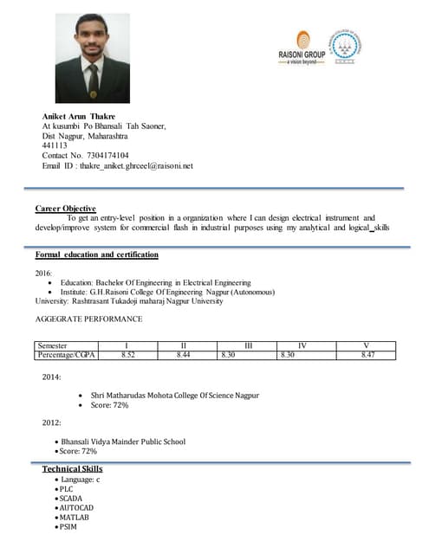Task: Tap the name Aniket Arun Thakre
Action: coord(79,116)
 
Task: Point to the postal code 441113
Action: coord(55,145)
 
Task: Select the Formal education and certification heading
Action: coord(96,255)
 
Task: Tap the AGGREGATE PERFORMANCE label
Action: coord(88,319)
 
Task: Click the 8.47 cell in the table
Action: coord(367,355)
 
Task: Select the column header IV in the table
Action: coord(302,346)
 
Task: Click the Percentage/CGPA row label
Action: coord(66,355)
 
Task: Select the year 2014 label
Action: coord(51,377)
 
